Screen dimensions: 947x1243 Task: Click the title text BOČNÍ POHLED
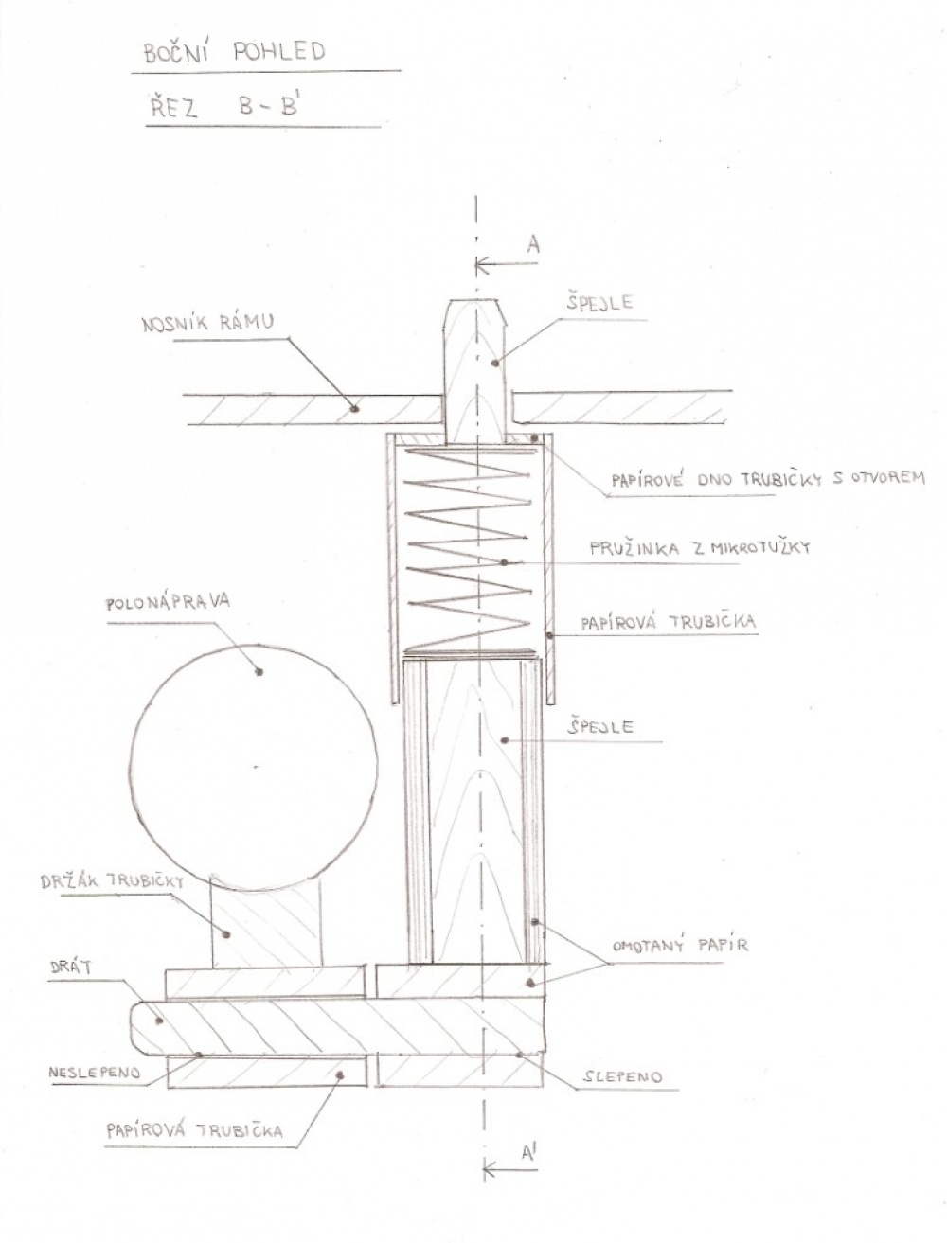point(235,52)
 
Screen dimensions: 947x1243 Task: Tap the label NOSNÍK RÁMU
point(207,324)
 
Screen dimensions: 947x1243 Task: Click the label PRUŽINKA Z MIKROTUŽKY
point(700,548)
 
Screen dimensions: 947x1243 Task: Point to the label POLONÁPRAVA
point(169,601)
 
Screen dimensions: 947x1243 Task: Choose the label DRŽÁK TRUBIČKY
point(112,881)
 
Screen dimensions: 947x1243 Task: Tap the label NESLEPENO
point(94,1073)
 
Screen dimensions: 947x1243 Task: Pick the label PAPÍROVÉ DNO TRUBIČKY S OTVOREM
point(768,480)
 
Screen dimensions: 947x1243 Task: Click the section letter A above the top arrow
point(533,244)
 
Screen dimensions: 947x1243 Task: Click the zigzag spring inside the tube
point(470,550)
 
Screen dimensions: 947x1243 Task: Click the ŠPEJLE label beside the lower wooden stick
point(599,726)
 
